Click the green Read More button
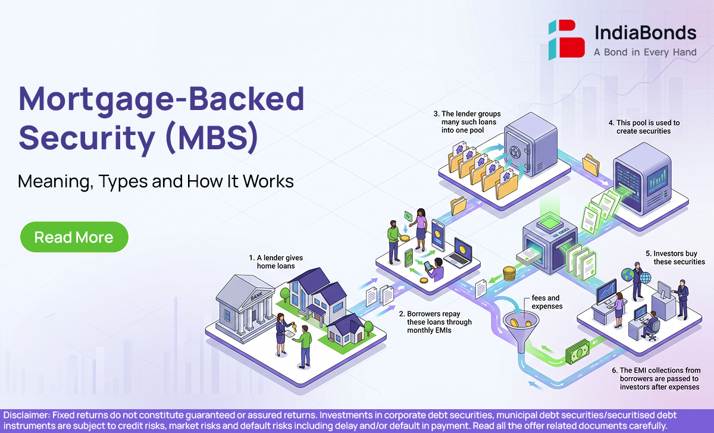tap(74, 237)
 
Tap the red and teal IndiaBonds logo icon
tap(566, 40)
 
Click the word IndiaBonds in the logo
tap(646, 33)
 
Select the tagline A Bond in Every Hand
tap(645, 52)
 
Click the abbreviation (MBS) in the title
tap(212, 137)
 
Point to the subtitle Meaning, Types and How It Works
tap(156, 181)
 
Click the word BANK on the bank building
tap(257, 296)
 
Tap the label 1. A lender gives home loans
tap(276, 262)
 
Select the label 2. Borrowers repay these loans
tap(436, 322)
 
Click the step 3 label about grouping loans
tap(467, 122)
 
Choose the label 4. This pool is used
tap(644, 127)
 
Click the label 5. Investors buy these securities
tap(675, 258)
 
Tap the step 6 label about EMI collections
tap(656, 378)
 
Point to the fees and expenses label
tap(547, 302)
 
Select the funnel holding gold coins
tap(521, 330)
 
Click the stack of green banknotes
tap(578, 352)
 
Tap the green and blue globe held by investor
tap(627, 275)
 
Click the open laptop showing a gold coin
tap(459, 252)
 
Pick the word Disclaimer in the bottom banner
tap(26, 415)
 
